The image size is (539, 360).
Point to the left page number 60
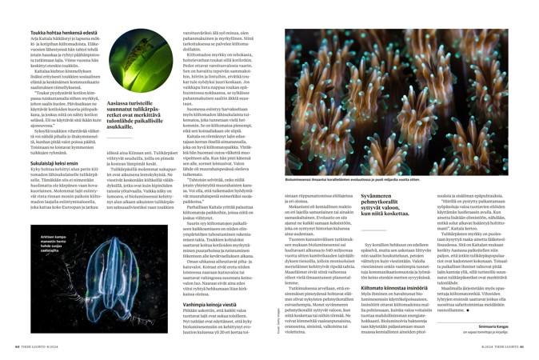(x=18, y=346)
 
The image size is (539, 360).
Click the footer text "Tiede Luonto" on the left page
(x=40, y=346)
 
